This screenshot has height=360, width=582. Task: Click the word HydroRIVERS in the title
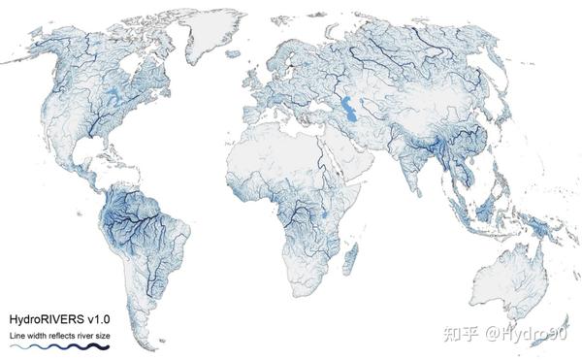coord(46,318)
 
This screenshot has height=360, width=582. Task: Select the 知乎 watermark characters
coord(460,335)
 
